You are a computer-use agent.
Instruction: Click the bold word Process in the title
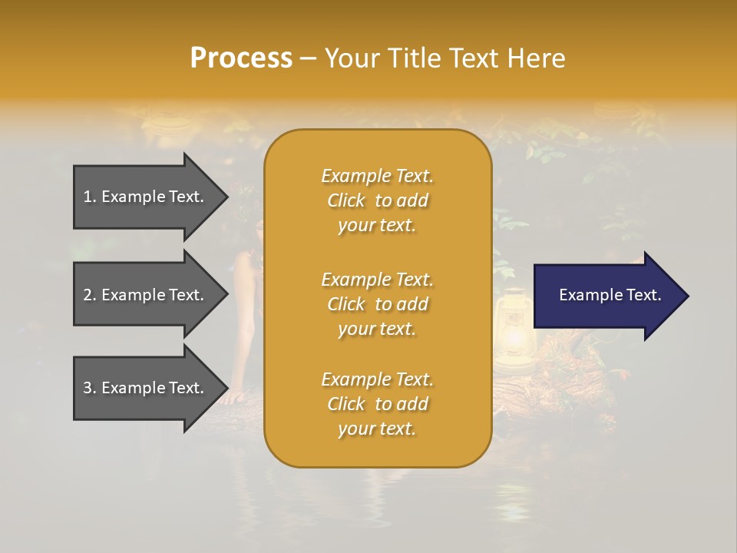(x=241, y=58)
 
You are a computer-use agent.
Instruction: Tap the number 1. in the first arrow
(x=90, y=197)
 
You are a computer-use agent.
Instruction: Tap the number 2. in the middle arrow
(x=90, y=295)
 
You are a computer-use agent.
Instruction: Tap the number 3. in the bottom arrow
(x=90, y=388)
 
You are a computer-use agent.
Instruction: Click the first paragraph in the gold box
(x=377, y=200)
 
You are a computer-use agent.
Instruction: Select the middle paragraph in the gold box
(x=377, y=303)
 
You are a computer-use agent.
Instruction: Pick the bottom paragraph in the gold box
(x=377, y=404)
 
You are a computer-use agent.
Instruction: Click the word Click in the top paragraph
(x=346, y=200)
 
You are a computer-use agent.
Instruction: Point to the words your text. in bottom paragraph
(x=377, y=429)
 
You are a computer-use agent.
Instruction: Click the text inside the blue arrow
(x=610, y=295)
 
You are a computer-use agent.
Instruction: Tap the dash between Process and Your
(x=308, y=58)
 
